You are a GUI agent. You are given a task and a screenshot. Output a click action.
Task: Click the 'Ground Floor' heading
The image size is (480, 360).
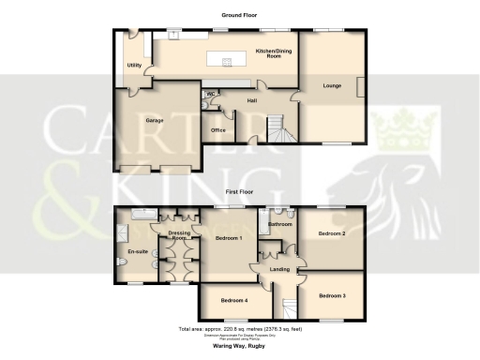(239, 16)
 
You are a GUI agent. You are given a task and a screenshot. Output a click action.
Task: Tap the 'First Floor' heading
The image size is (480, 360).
(239, 190)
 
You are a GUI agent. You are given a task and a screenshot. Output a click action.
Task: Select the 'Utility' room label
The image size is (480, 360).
(134, 65)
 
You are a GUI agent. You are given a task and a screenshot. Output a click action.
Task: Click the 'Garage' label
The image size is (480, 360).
(155, 121)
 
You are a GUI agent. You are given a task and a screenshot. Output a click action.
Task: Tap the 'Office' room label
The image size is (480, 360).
(218, 129)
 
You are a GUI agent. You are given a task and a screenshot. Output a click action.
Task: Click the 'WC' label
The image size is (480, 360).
(211, 94)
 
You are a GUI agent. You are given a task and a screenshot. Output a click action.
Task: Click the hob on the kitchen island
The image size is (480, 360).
(227, 63)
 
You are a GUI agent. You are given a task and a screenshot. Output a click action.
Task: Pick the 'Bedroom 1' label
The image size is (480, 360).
(229, 238)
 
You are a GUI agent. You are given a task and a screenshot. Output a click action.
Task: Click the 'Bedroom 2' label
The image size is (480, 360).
(332, 232)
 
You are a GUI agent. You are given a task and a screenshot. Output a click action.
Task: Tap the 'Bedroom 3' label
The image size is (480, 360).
(332, 296)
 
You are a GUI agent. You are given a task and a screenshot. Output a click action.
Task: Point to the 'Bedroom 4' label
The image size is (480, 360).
(233, 301)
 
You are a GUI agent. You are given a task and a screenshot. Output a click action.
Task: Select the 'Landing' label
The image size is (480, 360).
(279, 270)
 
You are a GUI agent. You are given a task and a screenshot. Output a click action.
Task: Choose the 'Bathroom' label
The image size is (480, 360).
(280, 225)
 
